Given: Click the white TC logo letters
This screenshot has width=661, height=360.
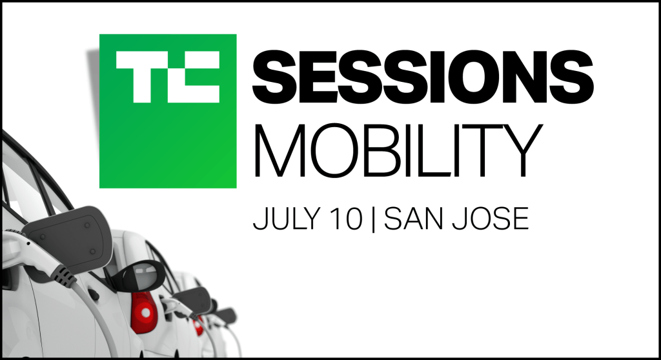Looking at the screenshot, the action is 168,77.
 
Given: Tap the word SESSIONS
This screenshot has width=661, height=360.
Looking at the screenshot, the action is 423,77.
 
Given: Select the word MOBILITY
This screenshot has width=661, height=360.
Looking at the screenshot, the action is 397,150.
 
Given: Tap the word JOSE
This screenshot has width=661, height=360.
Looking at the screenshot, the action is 491,218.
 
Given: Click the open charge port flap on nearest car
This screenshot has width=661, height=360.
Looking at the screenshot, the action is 70,238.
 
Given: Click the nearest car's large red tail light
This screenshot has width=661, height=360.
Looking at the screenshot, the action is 144,312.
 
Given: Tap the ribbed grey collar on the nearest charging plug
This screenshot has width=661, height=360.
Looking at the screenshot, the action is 64,275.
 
